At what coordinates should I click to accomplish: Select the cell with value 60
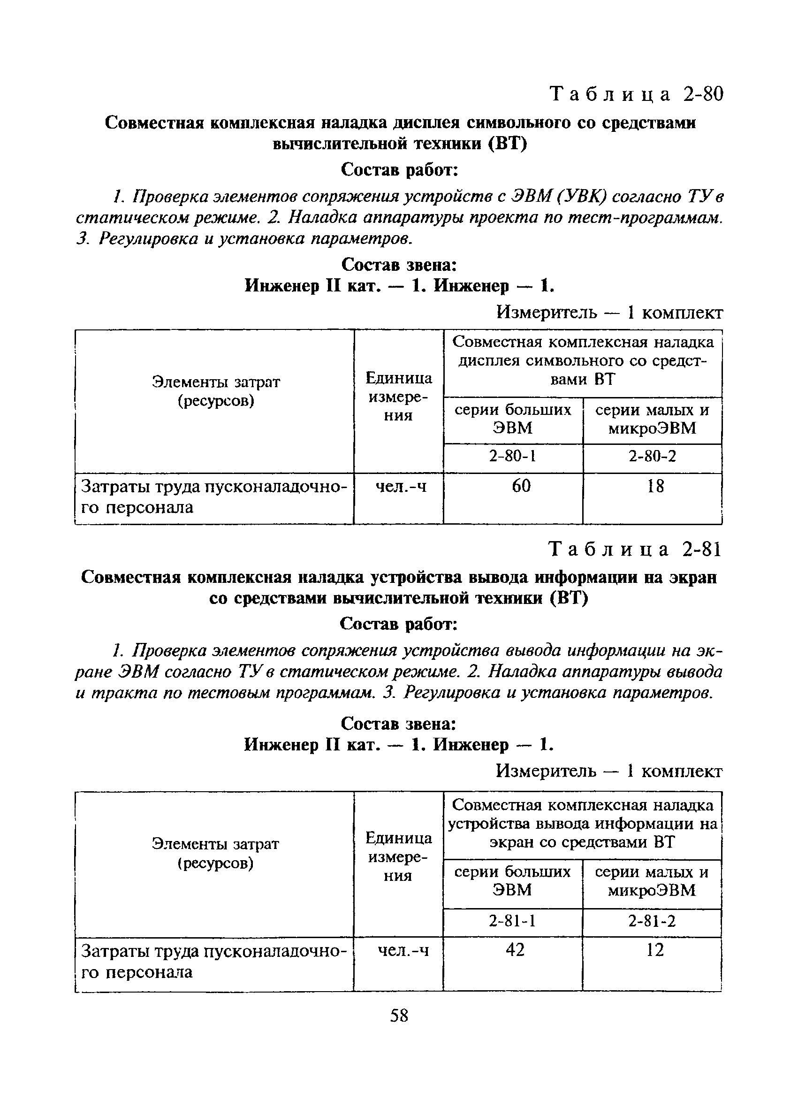[x=521, y=486]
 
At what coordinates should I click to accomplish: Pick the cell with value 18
[x=655, y=486]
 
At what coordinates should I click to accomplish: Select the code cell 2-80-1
[x=513, y=456]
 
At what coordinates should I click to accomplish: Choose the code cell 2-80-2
[x=652, y=456]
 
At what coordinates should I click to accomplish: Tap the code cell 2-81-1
[x=512, y=921]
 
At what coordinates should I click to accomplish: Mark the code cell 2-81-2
[x=652, y=921]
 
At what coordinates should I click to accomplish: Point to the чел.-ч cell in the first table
[x=401, y=486]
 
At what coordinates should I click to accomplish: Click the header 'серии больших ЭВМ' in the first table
[x=513, y=419]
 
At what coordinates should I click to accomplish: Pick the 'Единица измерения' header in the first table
[x=398, y=396]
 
